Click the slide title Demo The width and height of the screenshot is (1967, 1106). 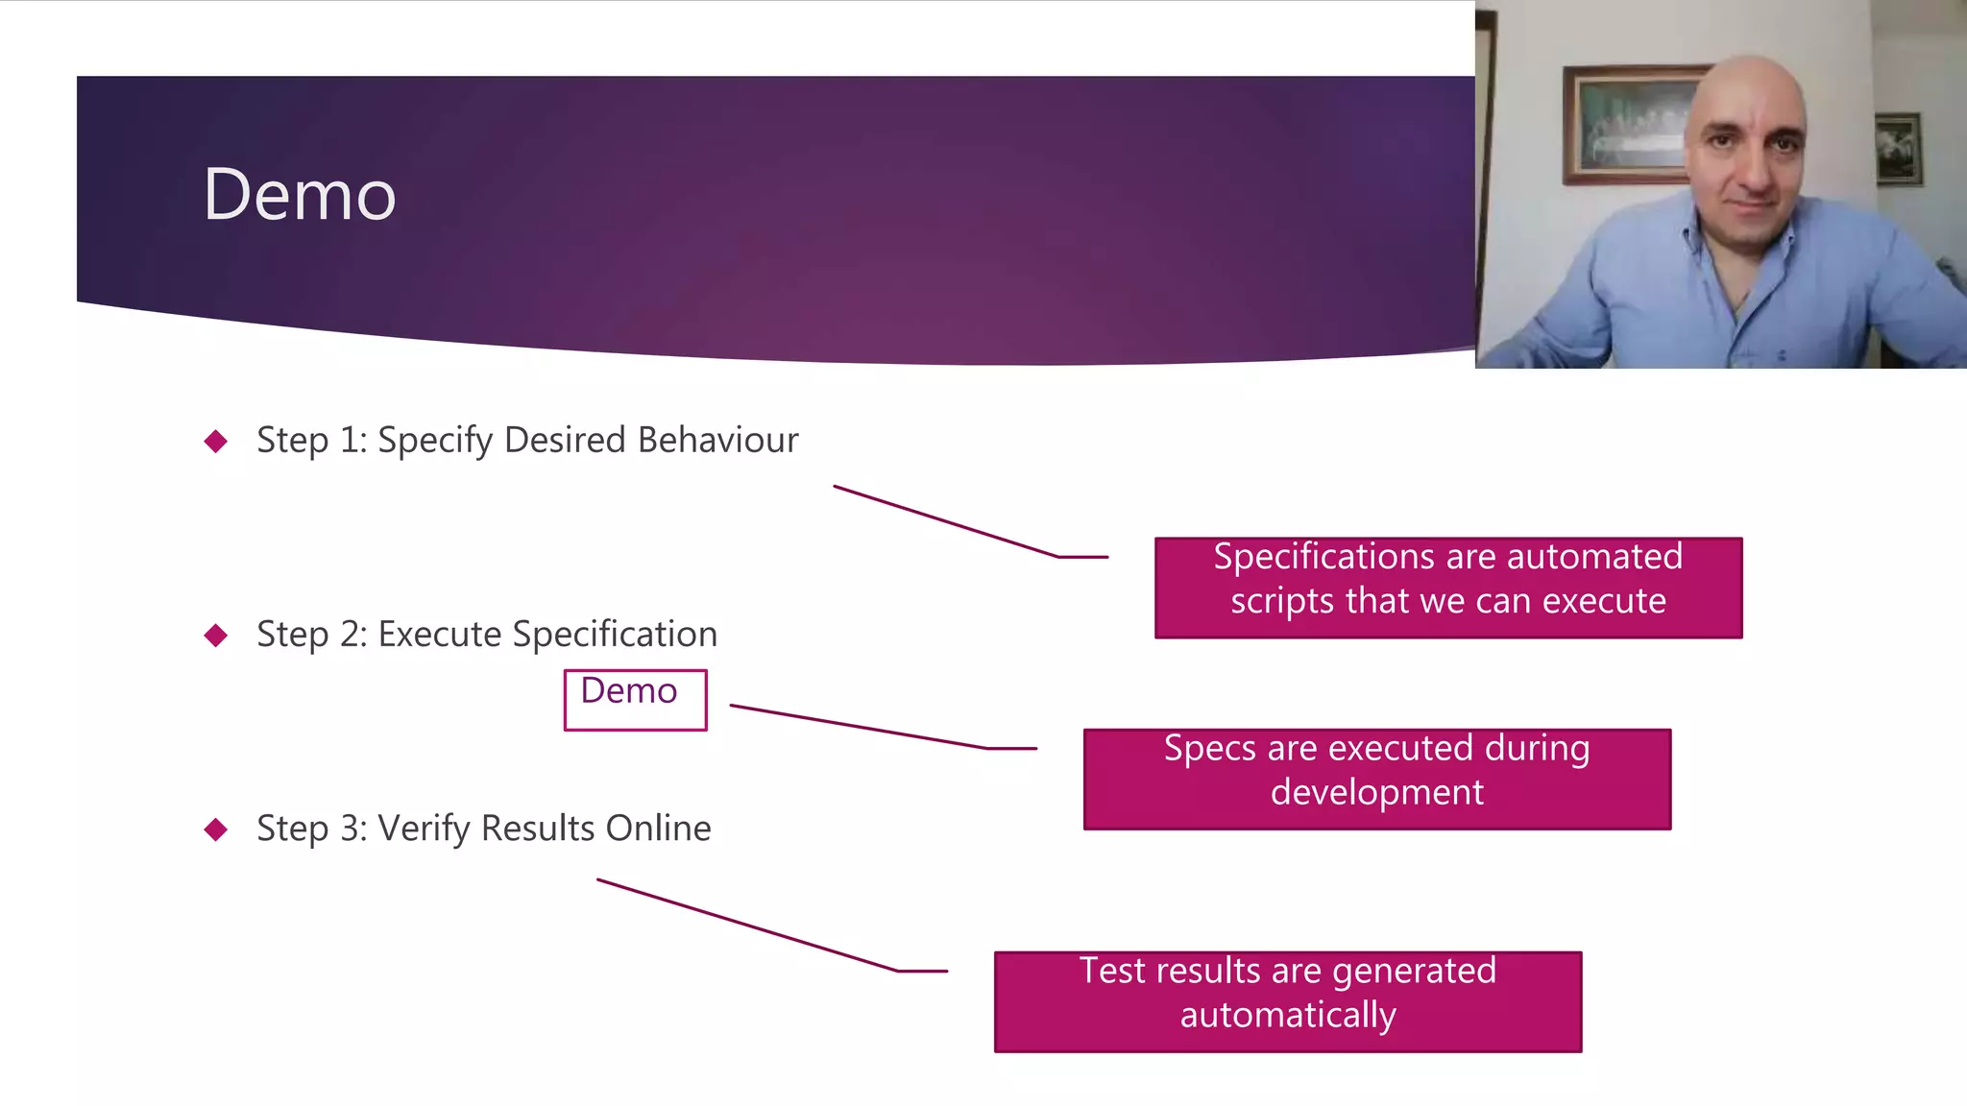299,195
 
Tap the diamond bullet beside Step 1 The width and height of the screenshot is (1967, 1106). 216,442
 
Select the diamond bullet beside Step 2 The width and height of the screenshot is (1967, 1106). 216,636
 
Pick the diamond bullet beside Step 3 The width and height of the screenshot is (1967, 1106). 216,829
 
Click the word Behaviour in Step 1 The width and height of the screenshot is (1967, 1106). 717,440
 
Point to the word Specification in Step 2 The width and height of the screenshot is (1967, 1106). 615,635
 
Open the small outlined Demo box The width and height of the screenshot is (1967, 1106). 635,700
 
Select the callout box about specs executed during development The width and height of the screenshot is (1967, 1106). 1376,779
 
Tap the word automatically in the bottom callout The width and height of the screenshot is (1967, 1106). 1287,1016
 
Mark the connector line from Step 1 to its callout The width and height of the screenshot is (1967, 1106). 946,521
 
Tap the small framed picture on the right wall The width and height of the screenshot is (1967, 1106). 1898,149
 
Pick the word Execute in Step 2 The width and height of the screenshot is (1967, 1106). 440,635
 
